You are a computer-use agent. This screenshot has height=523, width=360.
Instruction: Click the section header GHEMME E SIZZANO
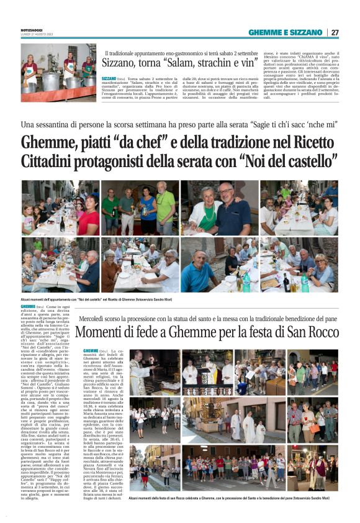[286, 32]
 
